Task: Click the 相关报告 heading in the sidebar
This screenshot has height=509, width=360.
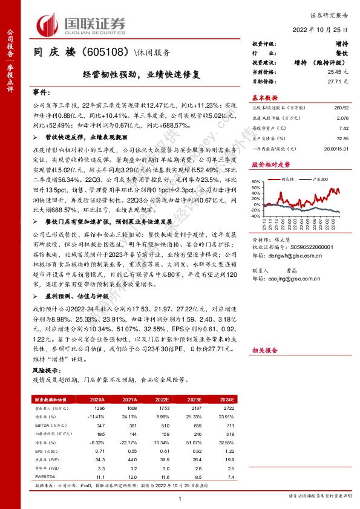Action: (264, 350)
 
